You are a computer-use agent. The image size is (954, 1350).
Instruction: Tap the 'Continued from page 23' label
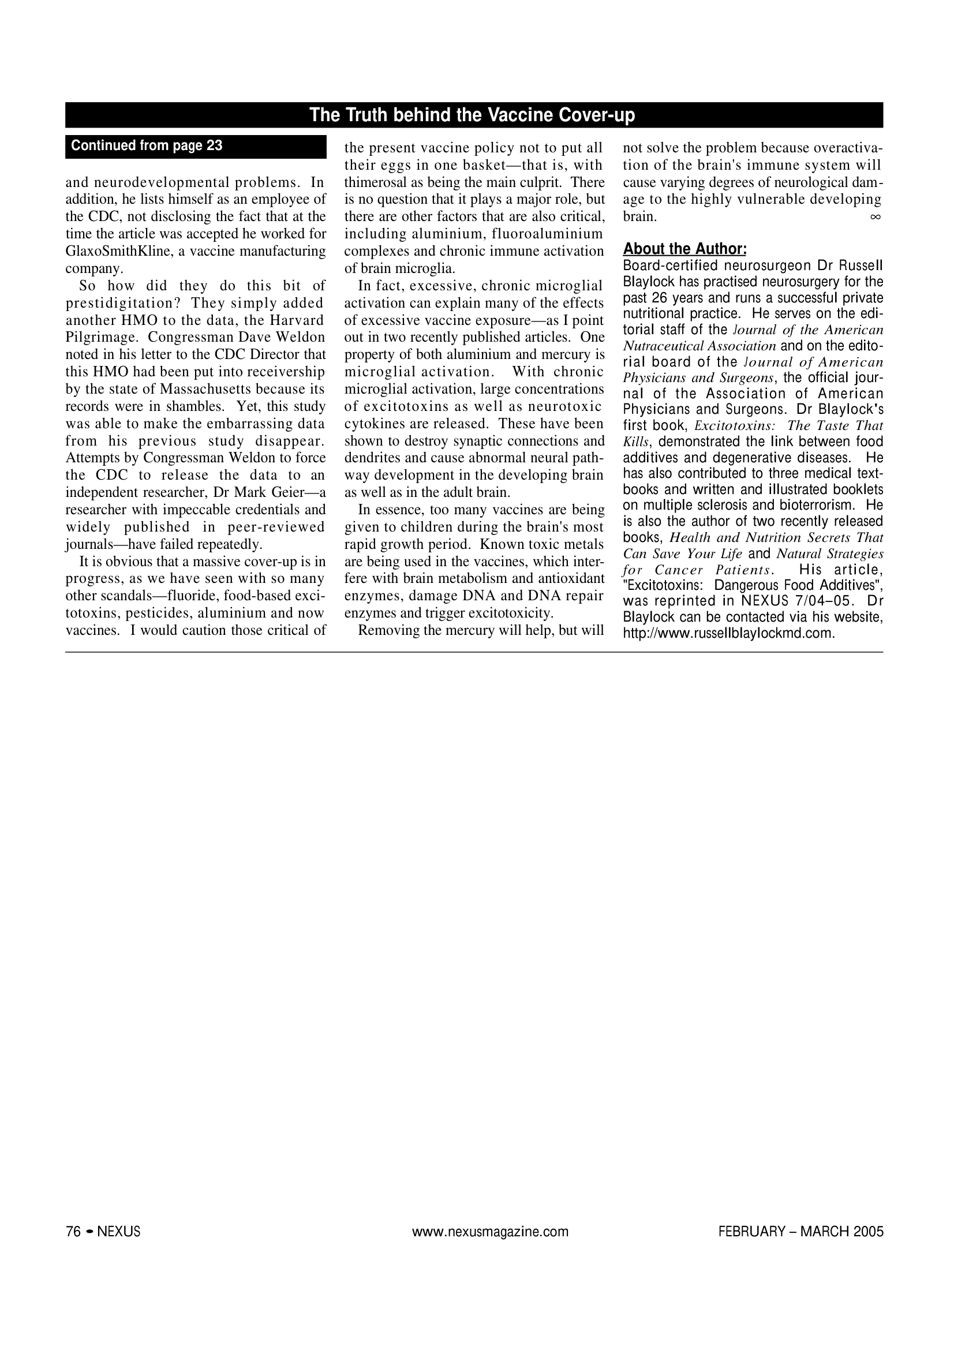coord(147,146)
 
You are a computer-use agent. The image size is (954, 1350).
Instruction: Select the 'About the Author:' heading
coord(684,249)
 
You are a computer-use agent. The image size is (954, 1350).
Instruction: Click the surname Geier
coord(285,493)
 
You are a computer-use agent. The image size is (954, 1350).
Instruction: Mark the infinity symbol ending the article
coord(875,217)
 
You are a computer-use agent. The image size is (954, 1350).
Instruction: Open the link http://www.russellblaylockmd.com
coord(728,633)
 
